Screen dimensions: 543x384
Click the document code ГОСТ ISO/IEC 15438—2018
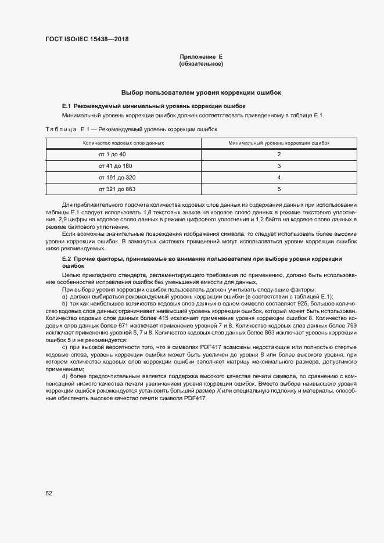(87, 39)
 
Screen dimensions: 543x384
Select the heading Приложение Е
(201, 57)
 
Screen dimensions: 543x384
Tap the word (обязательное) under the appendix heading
(201, 63)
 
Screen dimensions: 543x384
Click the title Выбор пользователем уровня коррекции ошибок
(201, 92)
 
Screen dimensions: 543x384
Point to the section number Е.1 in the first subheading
(66, 106)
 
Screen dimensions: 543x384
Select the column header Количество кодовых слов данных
(123, 142)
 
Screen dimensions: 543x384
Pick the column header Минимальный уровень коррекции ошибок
(279, 142)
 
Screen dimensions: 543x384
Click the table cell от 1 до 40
(112, 154)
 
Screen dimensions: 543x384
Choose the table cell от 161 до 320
(117, 177)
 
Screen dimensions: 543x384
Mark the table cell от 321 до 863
(117, 189)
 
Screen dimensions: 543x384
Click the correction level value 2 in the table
(279, 154)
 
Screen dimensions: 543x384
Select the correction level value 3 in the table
(279, 166)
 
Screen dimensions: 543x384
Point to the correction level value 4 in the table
(279, 177)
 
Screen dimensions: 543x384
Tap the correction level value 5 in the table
(279, 189)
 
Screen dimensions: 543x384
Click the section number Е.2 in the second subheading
(66, 258)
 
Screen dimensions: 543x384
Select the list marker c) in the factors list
(64, 347)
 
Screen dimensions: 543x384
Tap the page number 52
(49, 493)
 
